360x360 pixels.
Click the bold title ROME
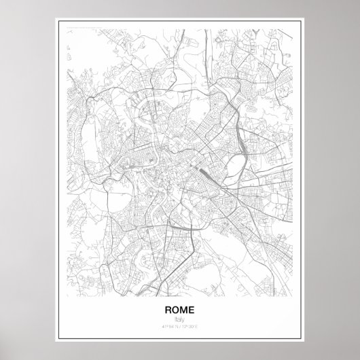pos(179,310)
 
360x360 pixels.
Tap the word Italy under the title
pos(179,320)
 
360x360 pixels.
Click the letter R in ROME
pos(168,310)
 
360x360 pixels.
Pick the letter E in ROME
pos(192,310)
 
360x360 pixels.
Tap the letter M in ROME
pos(184,310)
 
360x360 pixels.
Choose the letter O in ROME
pos(176,310)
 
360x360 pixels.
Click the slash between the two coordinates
pos(180,327)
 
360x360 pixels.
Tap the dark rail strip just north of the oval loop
pos(234,109)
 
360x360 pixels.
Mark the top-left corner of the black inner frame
pos(60,23)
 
